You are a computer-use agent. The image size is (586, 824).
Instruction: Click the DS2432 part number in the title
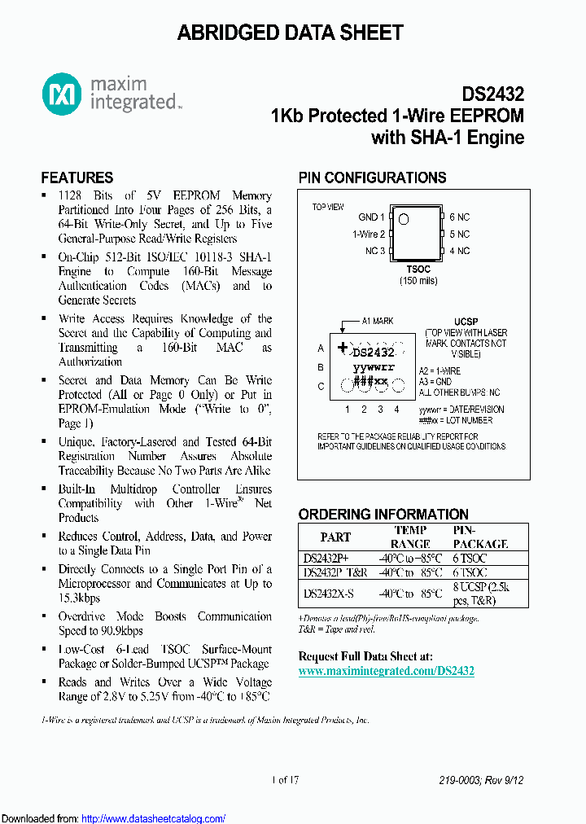coord(493,94)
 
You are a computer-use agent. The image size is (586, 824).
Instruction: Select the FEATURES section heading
coord(77,178)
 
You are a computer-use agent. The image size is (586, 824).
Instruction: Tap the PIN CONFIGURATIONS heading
coord(372,178)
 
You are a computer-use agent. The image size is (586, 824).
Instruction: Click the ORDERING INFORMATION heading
coord(383,515)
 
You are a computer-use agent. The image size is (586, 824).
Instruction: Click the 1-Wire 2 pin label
coord(369,234)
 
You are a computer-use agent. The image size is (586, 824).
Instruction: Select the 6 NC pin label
coord(459,217)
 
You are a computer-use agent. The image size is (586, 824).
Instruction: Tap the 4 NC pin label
coord(459,251)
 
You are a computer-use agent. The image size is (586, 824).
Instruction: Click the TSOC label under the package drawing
coord(418,270)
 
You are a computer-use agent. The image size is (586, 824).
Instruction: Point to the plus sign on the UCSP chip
coord(342,348)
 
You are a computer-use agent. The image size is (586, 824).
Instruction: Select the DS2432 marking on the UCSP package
coord(374,353)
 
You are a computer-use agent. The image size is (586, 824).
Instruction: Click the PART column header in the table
coord(335,537)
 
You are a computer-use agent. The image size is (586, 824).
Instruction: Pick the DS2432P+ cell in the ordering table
coord(326,558)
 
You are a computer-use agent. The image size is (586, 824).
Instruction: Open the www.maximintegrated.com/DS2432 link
coord(387,671)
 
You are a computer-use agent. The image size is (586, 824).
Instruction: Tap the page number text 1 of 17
coord(286,780)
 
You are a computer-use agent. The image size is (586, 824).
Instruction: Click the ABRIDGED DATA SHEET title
coord(291,33)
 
